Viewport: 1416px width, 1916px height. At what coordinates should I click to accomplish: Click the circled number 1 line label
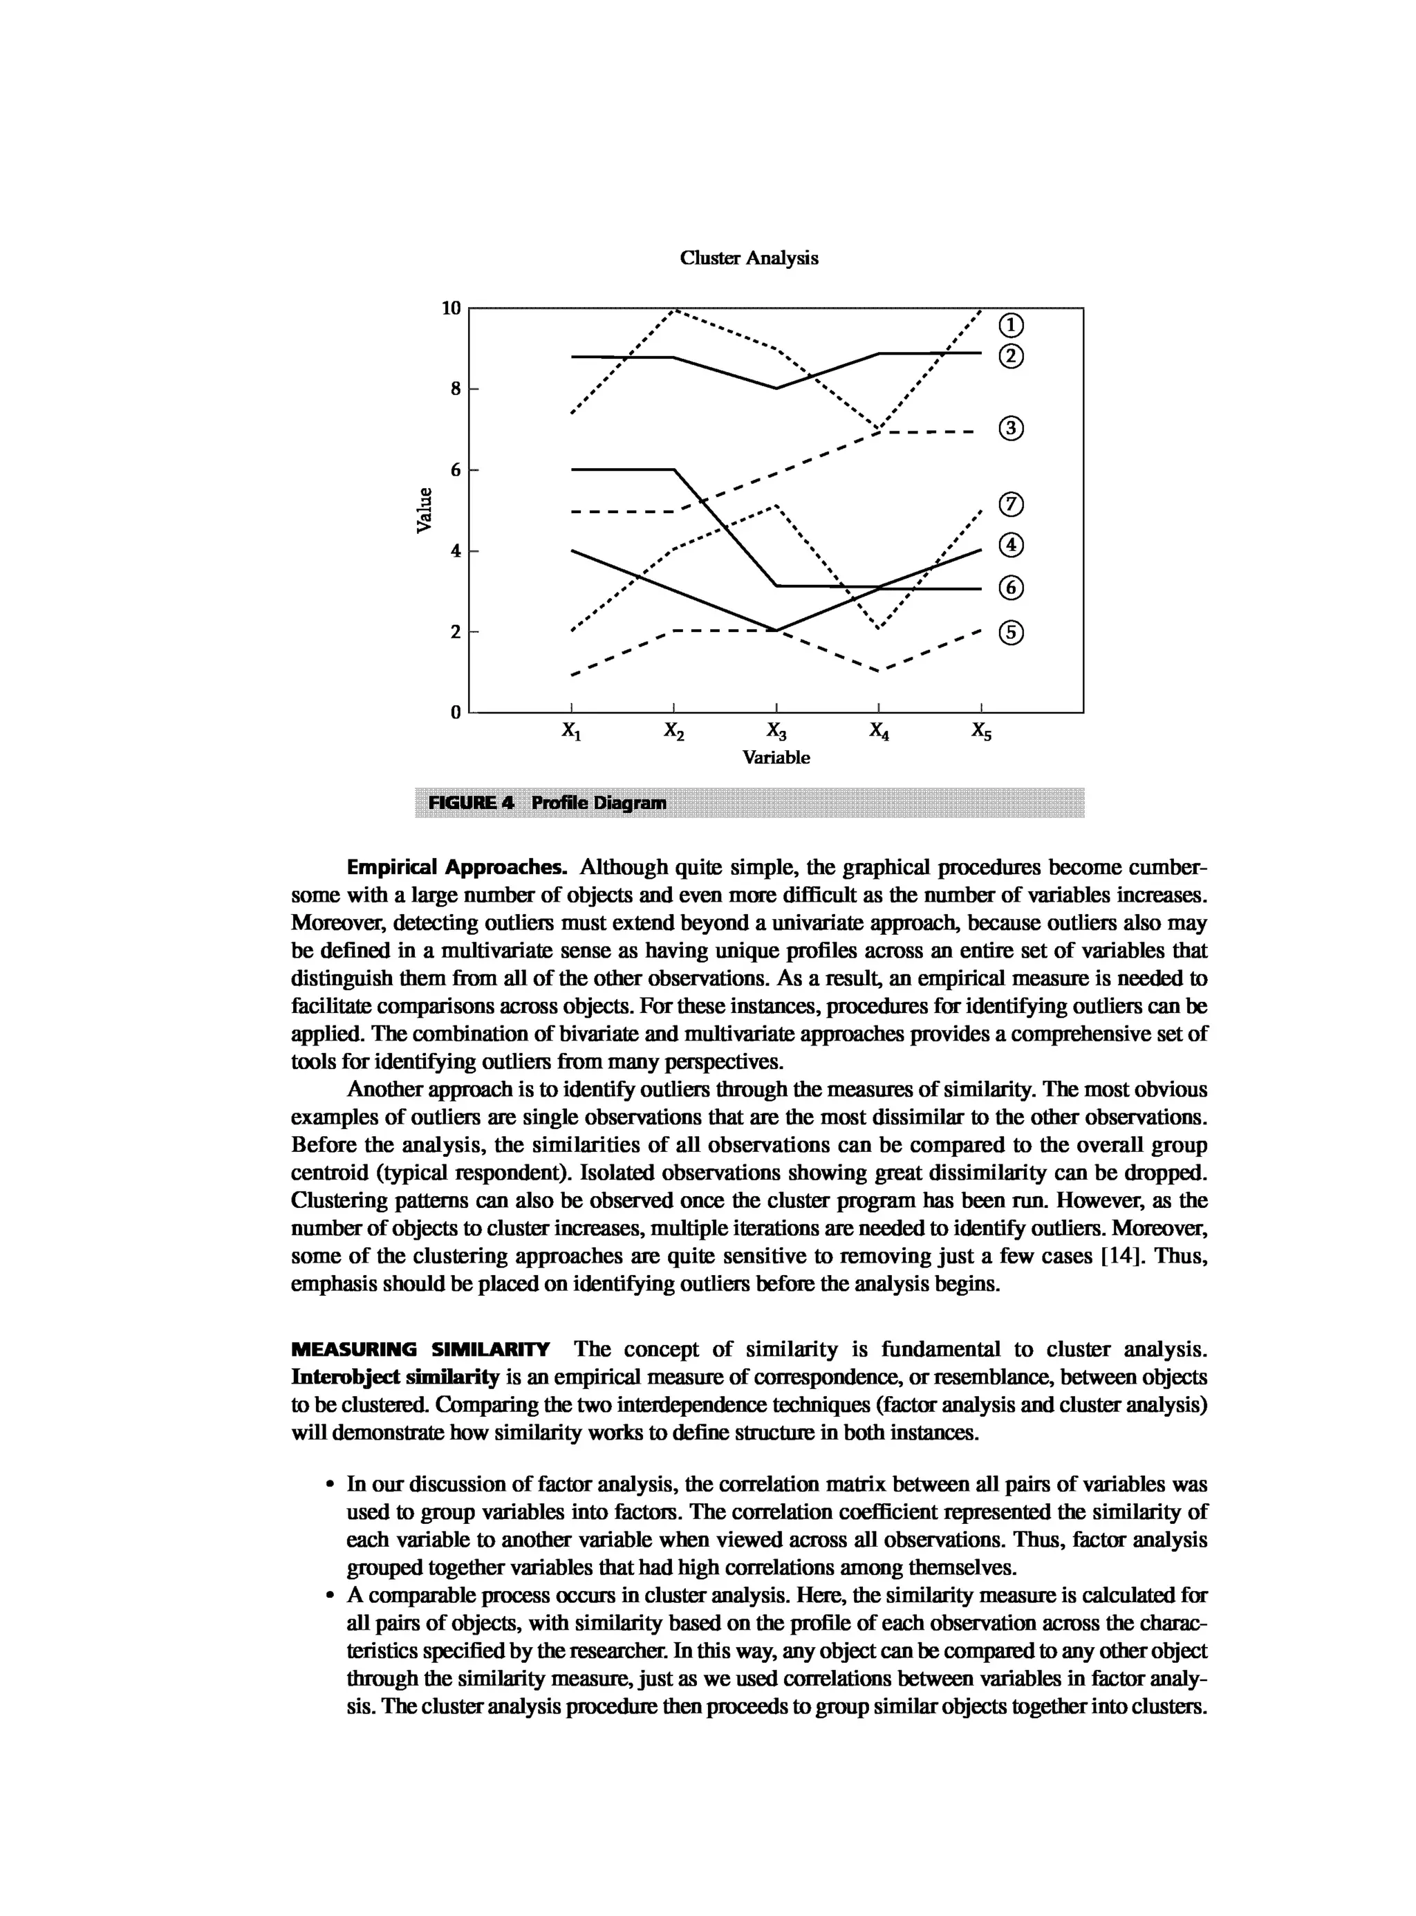[1012, 325]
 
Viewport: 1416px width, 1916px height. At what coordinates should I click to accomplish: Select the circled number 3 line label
[1012, 429]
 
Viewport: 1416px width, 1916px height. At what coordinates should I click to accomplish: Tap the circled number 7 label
[1012, 504]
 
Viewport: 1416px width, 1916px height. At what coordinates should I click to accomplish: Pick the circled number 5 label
[1012, 633]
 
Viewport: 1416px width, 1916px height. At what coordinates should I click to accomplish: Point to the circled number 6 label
[1012, 588]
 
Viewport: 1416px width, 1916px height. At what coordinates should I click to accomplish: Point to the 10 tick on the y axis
[451, 308]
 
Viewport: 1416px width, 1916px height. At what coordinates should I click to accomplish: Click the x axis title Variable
[776, 758]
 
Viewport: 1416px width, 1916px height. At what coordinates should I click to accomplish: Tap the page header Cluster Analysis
[748, 258]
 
